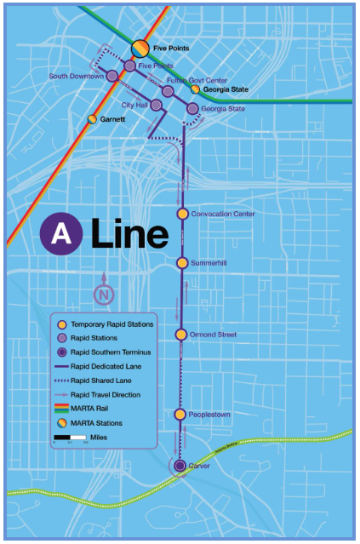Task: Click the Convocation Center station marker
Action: (x=181, y=214)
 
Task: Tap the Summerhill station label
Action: (x=209, y=264)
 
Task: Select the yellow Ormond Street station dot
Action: (x=180, y=335)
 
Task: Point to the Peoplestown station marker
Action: (x=180, y=415)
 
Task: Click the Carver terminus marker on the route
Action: (x=180, y=466)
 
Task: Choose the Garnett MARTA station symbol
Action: (x=92, y=119)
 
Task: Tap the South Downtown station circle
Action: (x=112, y=77)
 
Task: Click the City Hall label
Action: (x=135, y=105)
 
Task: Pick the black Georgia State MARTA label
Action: (x=226, y=89)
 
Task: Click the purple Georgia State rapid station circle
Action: (x=192, y=109)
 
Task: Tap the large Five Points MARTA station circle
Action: (x=140, y=49)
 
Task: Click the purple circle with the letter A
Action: (x=61, y=234)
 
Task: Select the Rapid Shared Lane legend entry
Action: (x=104, y=381)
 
